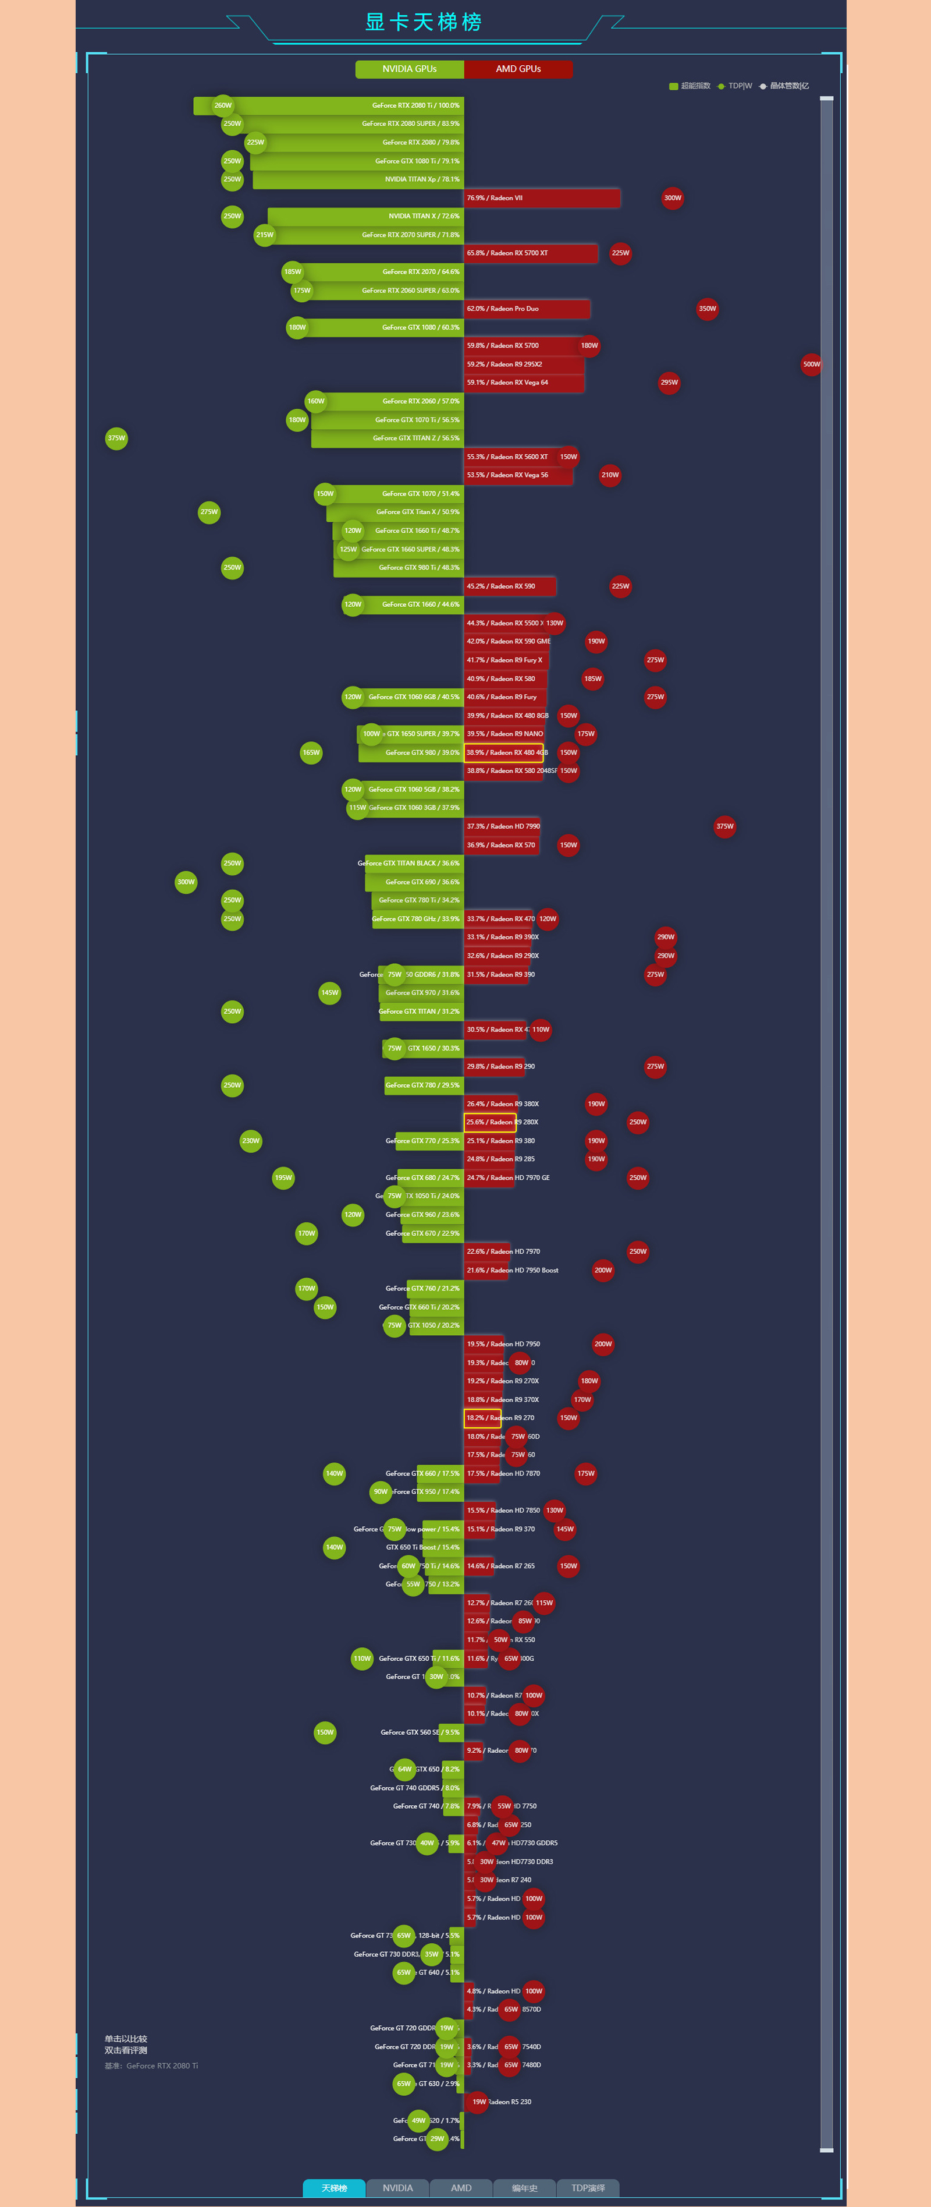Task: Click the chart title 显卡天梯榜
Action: tap(423, 22)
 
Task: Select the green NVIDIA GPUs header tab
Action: tap(410, 69)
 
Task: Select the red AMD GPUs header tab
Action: tap(518, 69)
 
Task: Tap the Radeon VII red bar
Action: tap(541, 198)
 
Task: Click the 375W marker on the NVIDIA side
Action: tap(116, 438)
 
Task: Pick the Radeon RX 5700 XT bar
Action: tap(530, 253)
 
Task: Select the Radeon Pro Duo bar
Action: tap(527, 309)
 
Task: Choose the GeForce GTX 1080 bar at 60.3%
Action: tap(381, 327)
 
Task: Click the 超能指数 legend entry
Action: tap(690, 86)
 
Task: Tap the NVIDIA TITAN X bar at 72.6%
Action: tap(366, 216)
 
